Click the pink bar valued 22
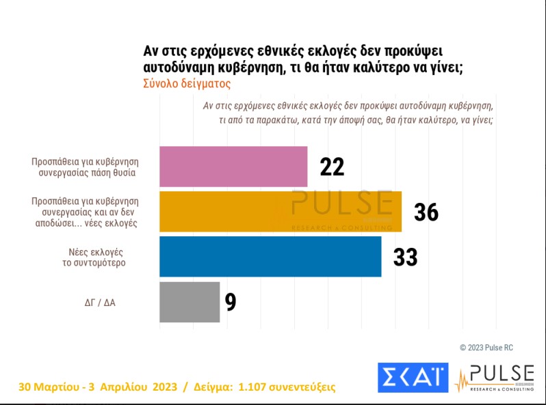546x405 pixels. (233, 167)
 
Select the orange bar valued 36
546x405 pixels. (281, 212)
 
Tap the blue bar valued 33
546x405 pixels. (270, 257)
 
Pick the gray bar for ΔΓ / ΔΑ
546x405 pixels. (190, 302)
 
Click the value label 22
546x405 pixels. (332, 167)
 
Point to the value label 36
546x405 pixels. (426, 212)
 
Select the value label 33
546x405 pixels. (405, 257)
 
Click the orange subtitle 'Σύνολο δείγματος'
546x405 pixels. (187, 83)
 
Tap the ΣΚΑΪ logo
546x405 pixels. (413, 378)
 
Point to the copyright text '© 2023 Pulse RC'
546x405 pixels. (486, 348)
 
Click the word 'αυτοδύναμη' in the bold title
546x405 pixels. (181, 68)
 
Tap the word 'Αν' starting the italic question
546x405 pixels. (209, 106)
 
